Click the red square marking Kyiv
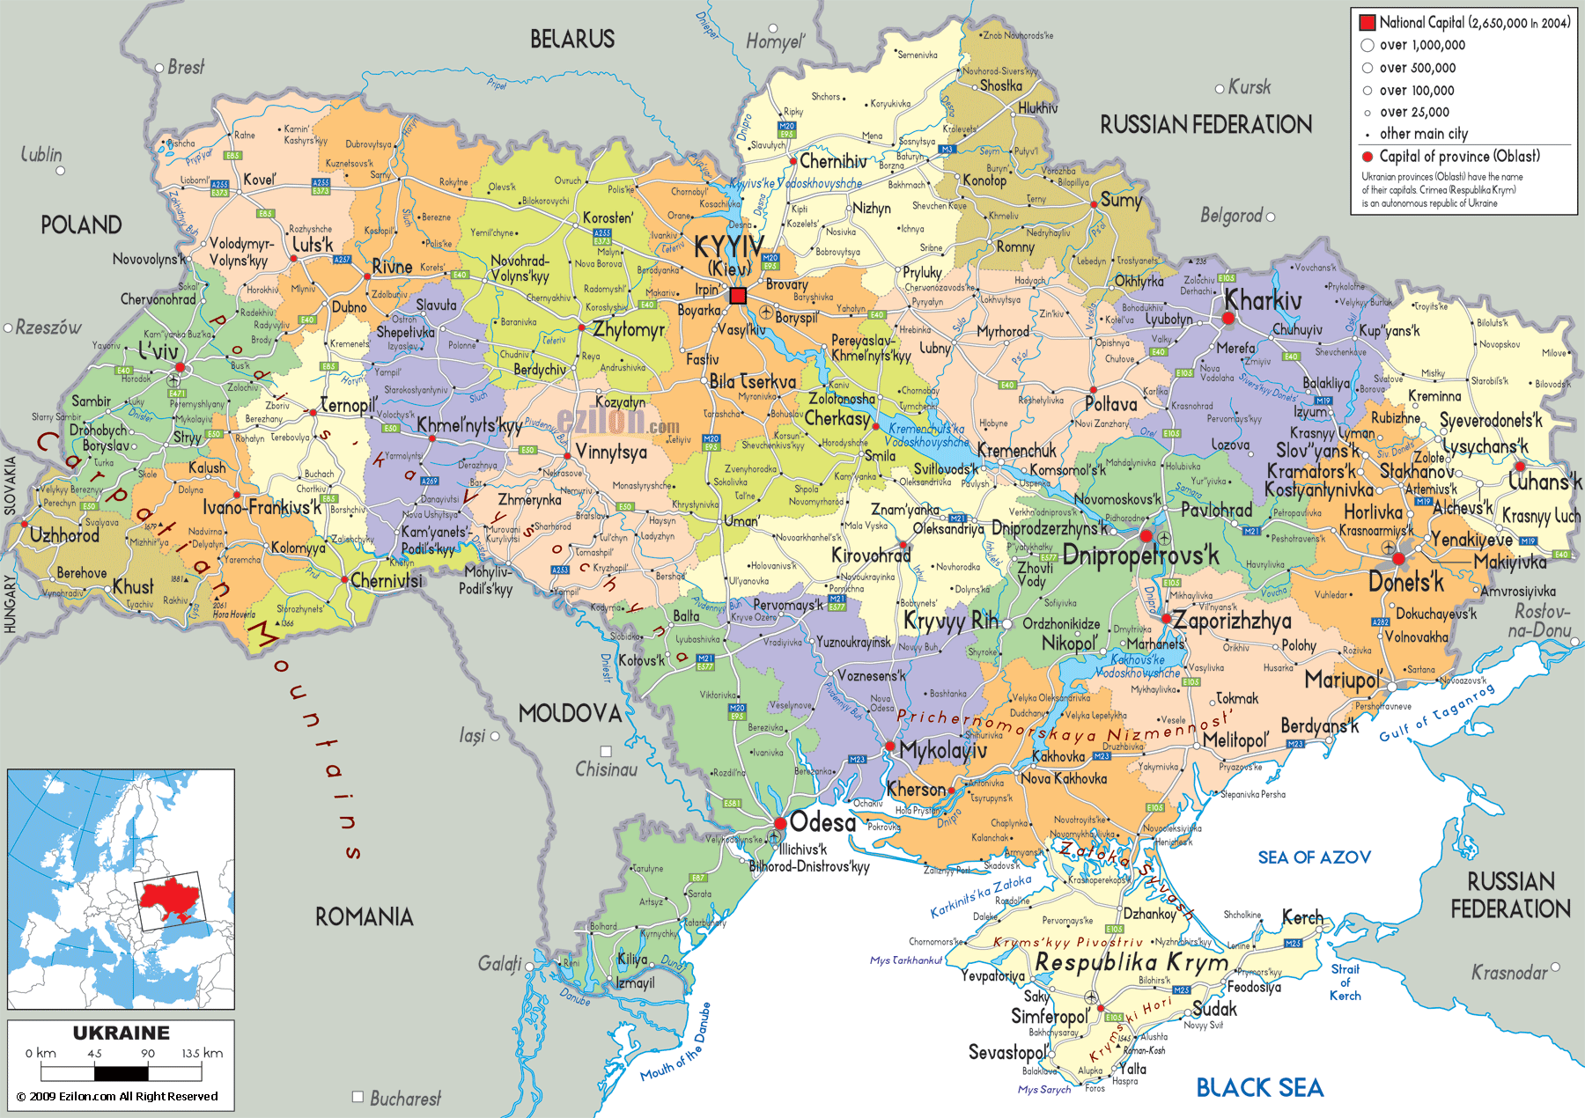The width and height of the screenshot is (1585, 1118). tap(738, 296)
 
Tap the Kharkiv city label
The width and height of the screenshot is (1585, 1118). tap(1263, 300)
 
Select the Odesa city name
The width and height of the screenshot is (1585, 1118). tap(822, 822)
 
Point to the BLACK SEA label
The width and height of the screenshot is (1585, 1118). tap(1259, 1088)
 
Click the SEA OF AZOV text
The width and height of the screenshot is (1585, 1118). tap(1314, 857)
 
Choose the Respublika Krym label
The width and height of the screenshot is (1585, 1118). tap(1132, 962)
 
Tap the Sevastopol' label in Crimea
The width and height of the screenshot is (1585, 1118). tap(1008, 1052)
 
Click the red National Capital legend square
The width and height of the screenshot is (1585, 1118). tap(1367, 23)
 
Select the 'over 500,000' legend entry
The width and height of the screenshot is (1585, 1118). tap(1417, 68)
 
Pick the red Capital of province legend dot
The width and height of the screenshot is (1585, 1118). tap(1368, 157)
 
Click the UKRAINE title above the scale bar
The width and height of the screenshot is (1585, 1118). tap(121, 1033)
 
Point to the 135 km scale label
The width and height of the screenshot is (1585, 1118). tap(202, 1053)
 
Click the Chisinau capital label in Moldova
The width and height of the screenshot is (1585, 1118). tap(606, 769)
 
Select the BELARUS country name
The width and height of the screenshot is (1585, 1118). tap(572, 39)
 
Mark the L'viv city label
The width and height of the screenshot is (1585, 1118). tap(158, 350)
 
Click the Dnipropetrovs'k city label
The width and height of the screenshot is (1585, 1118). tap(1140, 555)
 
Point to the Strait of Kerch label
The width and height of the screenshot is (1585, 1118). tap(1345, 982)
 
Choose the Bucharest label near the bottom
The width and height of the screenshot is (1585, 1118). tap(404, 1098)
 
